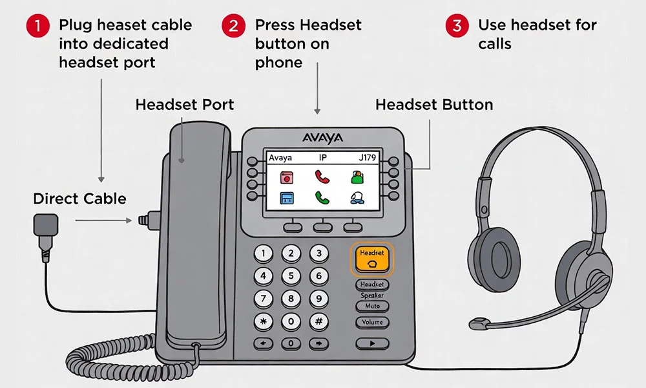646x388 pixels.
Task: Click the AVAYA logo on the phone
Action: (x=322, y=138)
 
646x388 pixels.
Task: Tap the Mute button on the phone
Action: (x=372, y=306)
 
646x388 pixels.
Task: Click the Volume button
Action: (x=372, y=322)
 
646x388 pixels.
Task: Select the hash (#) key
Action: (x=318, y=321)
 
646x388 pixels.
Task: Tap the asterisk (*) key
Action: (x=263, y=321)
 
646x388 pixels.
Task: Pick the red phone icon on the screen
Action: (x=322, y=177)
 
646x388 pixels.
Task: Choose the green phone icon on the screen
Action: (x=322, y=197)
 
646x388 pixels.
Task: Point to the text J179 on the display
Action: (x=367, y=157)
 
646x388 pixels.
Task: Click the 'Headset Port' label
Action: (x=185, y=105)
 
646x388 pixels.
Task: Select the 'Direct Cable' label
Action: (x=79, y=199)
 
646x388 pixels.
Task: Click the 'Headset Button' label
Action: (x=434, y=105)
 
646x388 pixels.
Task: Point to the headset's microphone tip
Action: (x=478, y=322)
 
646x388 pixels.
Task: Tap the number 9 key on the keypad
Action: (x=318, y=299)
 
